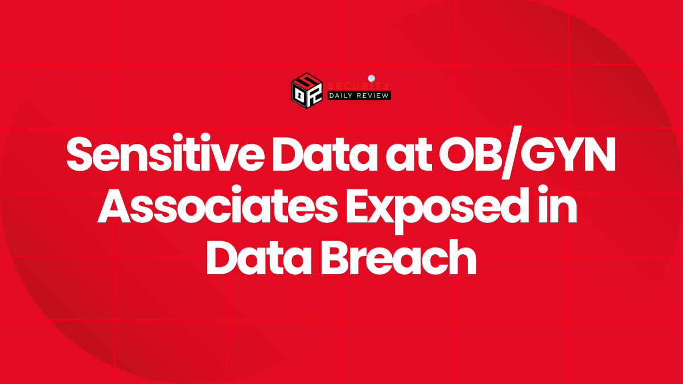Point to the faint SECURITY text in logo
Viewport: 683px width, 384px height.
click(x=359, y=86)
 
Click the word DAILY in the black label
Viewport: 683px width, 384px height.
click(x=343, y=96)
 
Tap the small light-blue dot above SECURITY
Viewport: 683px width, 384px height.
click(x=371, y=78)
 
